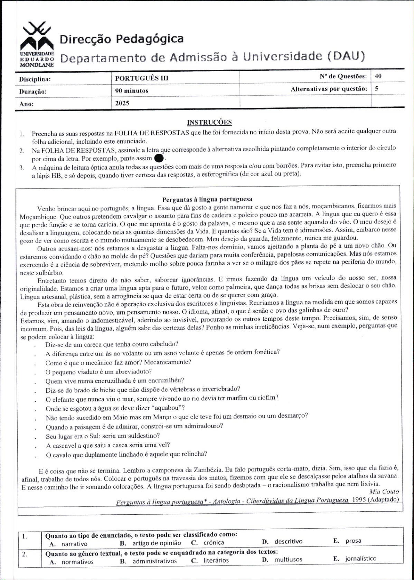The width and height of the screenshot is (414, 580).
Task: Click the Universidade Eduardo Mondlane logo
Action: pos(37,44)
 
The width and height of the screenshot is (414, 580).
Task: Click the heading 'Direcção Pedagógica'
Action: pos(121,39)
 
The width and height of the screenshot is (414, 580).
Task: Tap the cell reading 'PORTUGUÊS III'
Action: pos(142,78)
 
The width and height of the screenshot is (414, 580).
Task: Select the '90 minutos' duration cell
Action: pos(132,91)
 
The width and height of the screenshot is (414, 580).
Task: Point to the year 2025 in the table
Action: pos(122,103)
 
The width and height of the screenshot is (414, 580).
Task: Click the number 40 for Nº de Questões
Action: pos(378,76)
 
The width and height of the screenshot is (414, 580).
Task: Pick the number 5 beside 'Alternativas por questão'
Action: pos(376,88)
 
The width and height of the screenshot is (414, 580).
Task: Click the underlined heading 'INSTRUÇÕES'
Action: pos(209,122)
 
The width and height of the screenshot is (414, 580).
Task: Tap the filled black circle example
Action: pos(159,158)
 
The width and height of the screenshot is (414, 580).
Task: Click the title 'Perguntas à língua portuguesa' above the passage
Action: pos(207,199)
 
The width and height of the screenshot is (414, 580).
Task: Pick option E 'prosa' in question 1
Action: pos(353,541)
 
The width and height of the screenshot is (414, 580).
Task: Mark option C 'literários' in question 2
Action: pos(215,560)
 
